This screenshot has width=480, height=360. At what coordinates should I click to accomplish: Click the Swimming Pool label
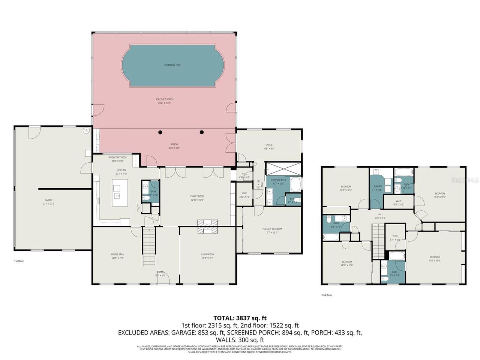(x=172, y=65)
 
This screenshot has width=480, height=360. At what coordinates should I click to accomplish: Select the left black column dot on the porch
(x=160, y=132)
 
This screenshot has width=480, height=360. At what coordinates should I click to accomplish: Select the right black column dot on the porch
(x=202, y=132)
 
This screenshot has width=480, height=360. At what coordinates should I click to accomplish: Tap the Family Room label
(x=197, y=197)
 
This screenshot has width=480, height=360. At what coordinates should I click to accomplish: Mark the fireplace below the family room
(x=207, y=226)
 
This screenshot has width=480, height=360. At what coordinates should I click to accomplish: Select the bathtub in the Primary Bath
(x=295, y=184)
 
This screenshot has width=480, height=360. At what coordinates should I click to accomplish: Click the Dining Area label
(x=117, y=255)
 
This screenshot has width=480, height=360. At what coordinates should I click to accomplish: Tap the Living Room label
(x=207, y=255)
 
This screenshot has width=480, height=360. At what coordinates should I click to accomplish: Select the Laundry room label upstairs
(x=377, y=187)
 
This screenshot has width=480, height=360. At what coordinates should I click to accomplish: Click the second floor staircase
(x=378, y=241)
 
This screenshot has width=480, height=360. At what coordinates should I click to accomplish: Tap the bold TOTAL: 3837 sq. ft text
(x=240, y=318)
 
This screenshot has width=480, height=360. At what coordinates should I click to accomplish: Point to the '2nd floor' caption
(x=326, y=295)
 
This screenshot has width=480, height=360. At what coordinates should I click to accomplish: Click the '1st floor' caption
(x=19, y=261)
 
